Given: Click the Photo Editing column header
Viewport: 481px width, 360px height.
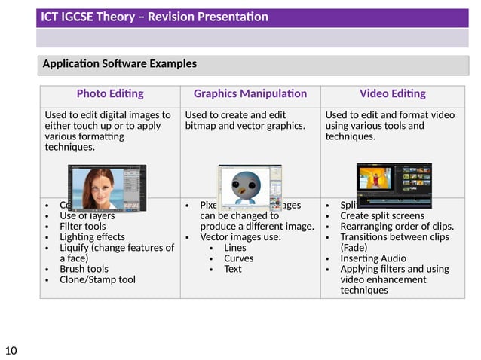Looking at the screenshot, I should [x=110, y=94].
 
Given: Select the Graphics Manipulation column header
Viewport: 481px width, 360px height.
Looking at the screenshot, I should [x=250, y=94].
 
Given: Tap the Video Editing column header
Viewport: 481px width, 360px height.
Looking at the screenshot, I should [x=392, y=94].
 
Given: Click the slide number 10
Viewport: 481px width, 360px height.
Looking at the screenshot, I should [x=11, y=349].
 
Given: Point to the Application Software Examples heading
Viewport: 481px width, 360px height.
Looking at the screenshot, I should [x=120, y=64].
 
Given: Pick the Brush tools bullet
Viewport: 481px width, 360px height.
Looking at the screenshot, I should [x=83, y=269].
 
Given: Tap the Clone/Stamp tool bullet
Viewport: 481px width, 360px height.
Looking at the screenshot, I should [x=97, y=279].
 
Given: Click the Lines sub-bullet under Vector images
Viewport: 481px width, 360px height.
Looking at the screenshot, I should [x=234, y=248].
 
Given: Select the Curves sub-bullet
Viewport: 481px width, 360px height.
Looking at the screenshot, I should [x=237, y=258].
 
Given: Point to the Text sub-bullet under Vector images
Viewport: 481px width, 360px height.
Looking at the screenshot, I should [x=233, y=269].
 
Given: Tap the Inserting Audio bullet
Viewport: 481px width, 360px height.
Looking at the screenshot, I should [x=372, y=258].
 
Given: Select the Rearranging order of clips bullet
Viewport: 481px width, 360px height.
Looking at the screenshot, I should [x=397, y=226].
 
